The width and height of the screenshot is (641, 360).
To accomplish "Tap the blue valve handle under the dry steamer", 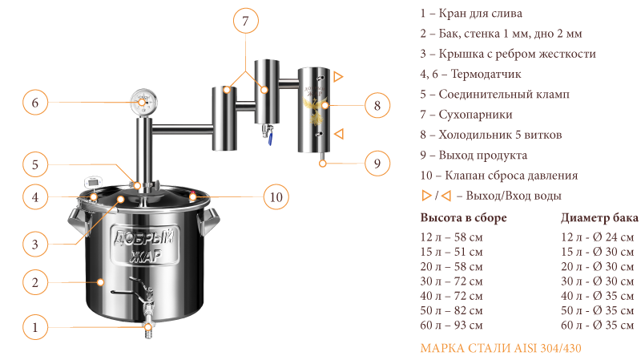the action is tap(270, 140).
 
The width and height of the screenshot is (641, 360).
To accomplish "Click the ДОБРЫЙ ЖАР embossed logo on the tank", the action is tap(145, 245).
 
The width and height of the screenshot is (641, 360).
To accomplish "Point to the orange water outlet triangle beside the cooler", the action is tap(338, 76).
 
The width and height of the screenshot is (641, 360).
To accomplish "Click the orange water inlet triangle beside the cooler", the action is tap(339, 134).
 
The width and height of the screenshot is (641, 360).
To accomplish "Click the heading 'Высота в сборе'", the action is tap(463, 217).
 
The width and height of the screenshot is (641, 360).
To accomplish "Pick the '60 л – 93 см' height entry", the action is tap(451, 326).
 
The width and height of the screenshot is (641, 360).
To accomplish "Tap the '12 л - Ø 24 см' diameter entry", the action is tap(597, 237).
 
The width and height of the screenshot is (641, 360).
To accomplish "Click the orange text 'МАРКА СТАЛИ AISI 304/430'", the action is tap(500, 348).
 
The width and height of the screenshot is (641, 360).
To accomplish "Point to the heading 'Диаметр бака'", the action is tap(599, 217).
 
